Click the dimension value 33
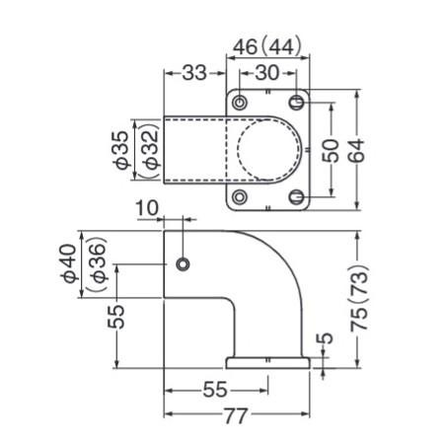pos(194,73)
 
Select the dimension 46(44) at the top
pos(267,46)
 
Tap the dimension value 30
pos(267,73)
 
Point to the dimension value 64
pos(356,151)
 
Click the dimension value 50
pos(331,151)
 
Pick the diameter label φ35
pos(122,150)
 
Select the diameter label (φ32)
pos(149,151)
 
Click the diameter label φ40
pos(70,263)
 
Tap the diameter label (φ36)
pos(96,264)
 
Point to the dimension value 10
pos(147,208)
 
